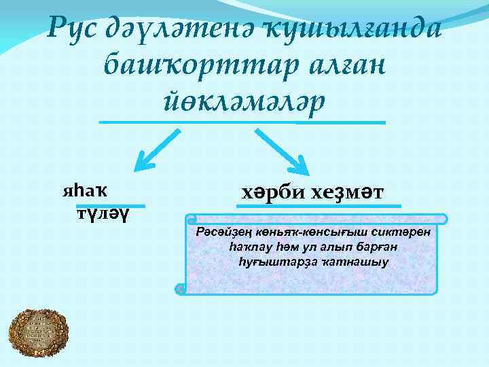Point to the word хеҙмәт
point(347,192)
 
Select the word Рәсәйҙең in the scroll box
point(218,233)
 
